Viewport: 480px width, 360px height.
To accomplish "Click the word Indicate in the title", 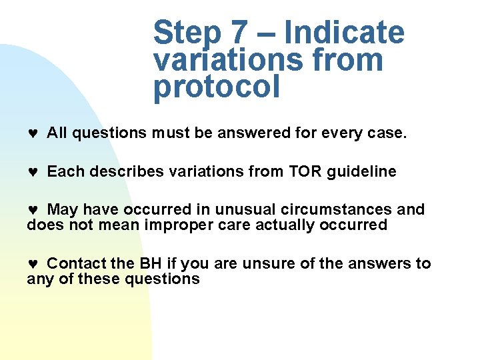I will pyautogui.click(x=344, y=33).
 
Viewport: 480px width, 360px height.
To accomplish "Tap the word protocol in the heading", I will pyautogui.click(x=216, y=87).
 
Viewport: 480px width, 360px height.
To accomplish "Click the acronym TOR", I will pyautogui.click(x=305, y=172).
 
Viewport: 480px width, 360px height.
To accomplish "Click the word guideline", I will pyautogui.click(x=361, y=172).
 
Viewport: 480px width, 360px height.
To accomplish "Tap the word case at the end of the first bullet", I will pyautogui.click(x=386, y=133).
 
